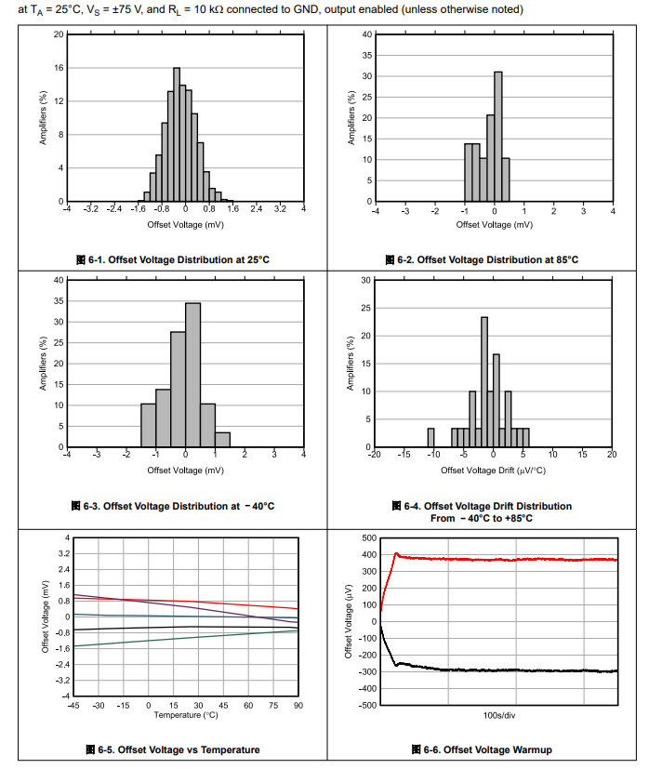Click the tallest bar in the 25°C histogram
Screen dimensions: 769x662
point(177,135)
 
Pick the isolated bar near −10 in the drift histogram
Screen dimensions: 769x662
point(430,438)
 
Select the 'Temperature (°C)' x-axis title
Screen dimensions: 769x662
point(185,715)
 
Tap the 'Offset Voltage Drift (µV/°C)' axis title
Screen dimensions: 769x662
point(494,470)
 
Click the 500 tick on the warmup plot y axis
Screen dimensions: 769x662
point(369,538)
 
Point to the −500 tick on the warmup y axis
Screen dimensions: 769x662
point(367,705)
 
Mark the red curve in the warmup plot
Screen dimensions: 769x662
point(502,560)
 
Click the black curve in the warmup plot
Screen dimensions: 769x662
point(502,670)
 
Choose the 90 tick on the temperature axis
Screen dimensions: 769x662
point(298,706)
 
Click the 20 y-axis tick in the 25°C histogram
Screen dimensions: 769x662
point(59,34)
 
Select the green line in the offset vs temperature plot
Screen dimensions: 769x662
point(186,637)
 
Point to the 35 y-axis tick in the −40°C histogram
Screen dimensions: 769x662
point(58,301)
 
